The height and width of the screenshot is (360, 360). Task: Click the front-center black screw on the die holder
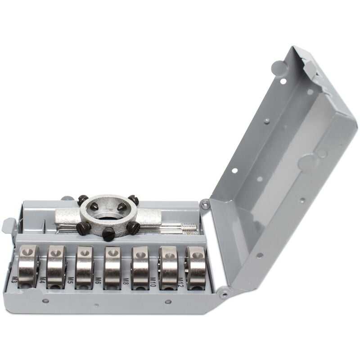click(108, 233)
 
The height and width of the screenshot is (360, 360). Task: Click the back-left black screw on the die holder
click(82, 200)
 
